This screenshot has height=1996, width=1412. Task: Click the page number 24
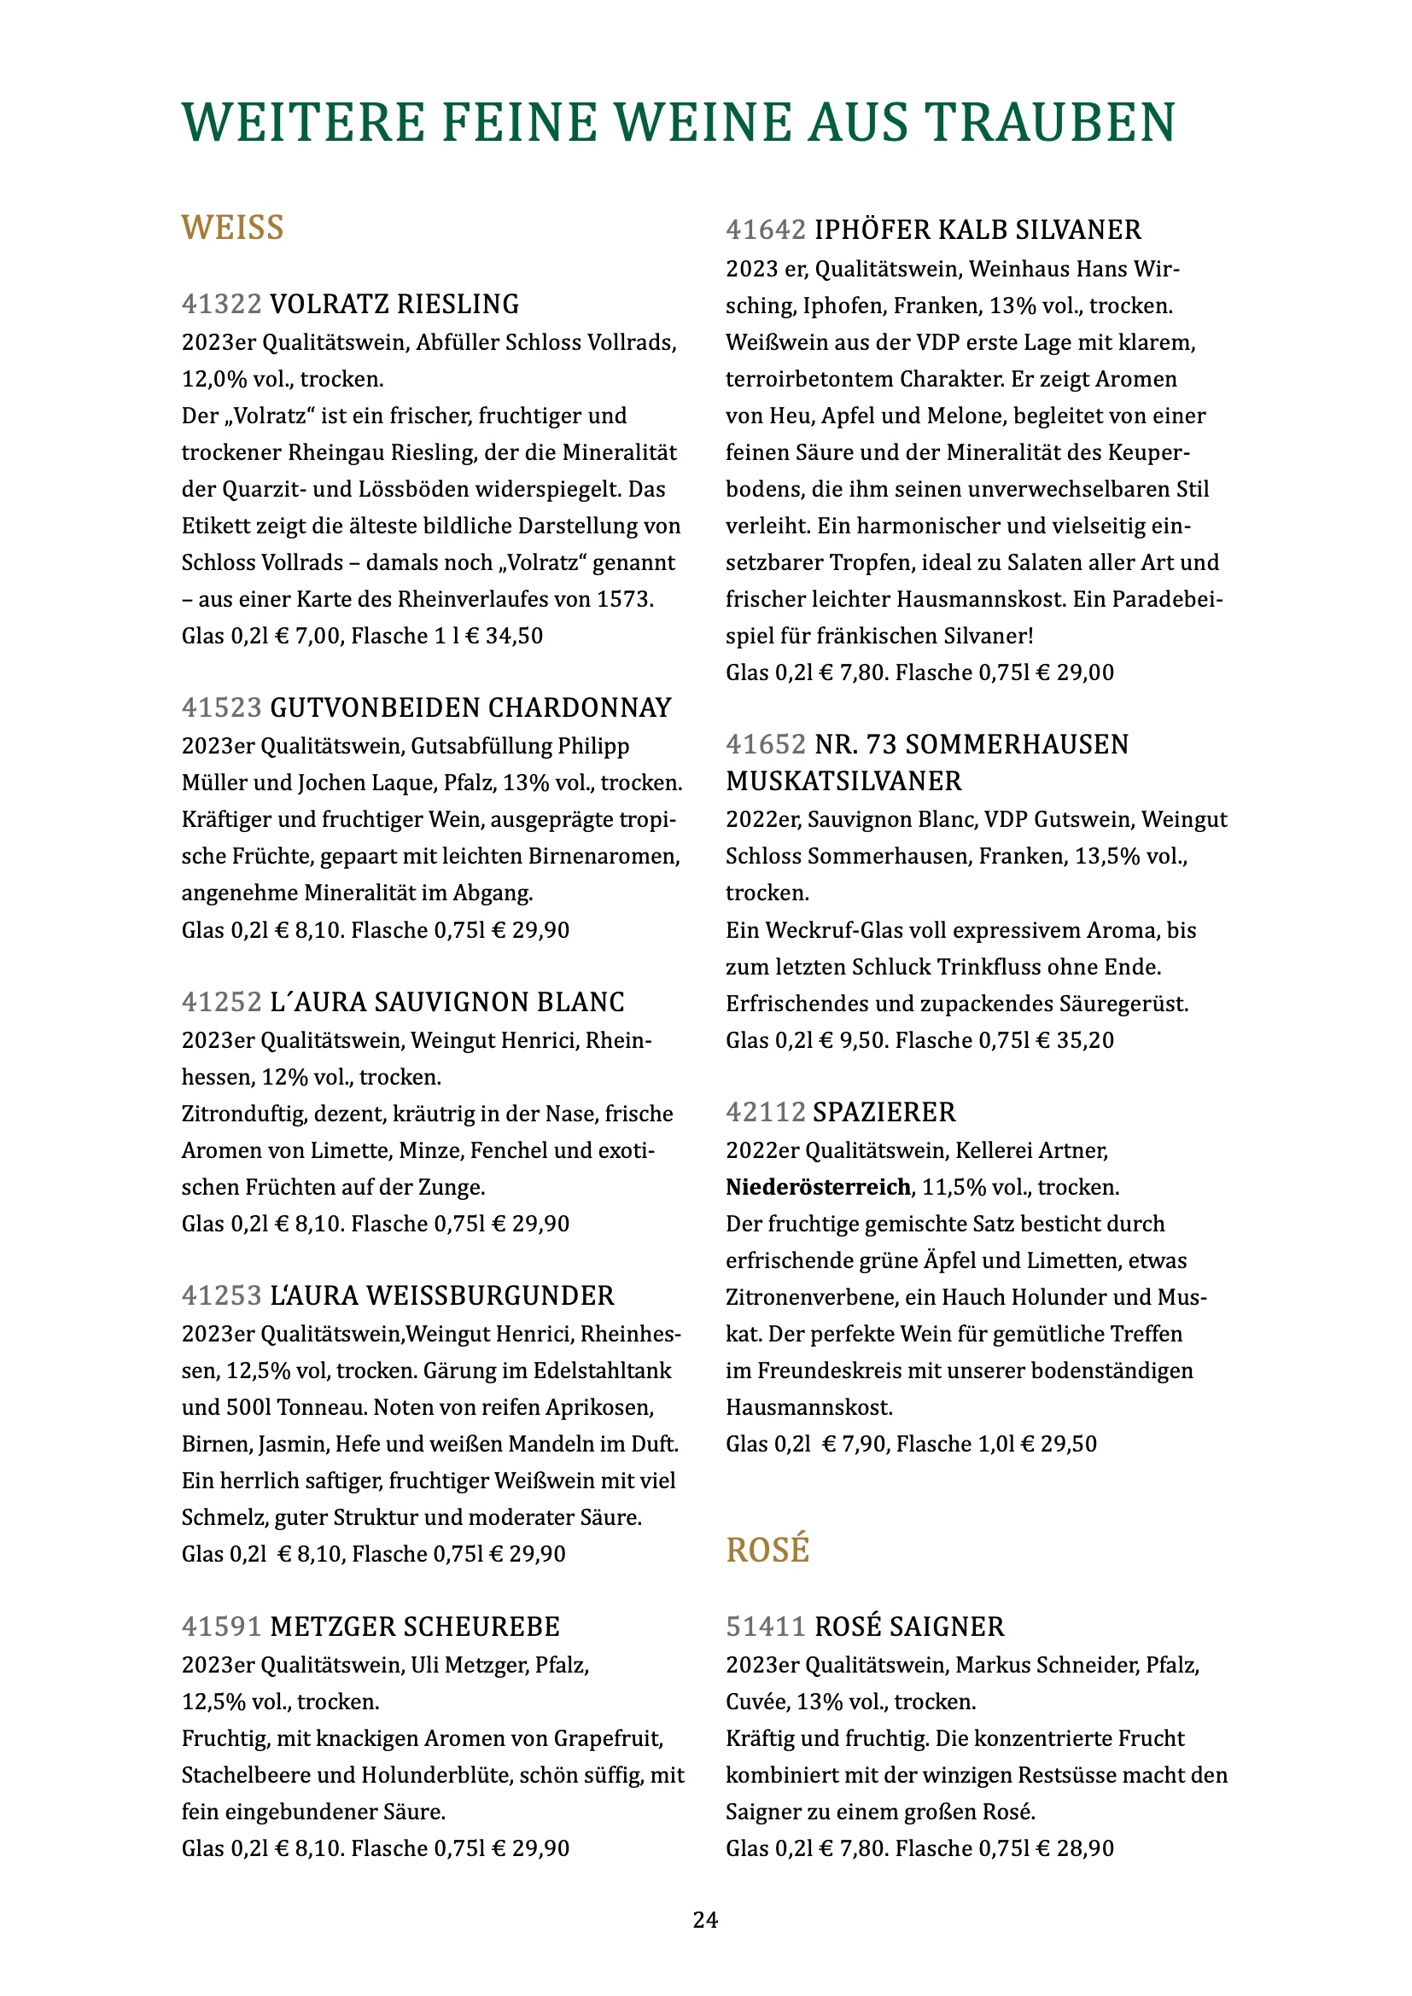(x=705, y=1920)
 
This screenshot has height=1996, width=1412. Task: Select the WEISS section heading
(x=232, y=228)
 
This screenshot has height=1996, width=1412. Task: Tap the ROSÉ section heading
(x=767, y=1550)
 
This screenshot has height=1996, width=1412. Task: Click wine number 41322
(x=221, y=305)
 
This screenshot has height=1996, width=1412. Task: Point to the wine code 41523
(x=221, y=707)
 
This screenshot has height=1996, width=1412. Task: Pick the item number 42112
(x=765, y=1112)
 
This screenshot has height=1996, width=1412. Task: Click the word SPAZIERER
(x=884, y=1112)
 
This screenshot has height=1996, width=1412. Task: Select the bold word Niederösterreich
(x=818, y=1187)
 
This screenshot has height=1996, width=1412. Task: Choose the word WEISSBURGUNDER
(x=489, y=1296)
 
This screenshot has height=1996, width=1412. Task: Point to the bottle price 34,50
(x=514, y=636)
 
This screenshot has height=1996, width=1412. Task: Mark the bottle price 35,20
(x=1085, y=1039)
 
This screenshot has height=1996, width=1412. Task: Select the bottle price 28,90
(x=1085, y=1848)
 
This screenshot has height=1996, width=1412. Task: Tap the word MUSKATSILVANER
(x=843, y=781)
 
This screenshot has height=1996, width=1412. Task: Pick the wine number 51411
(x=765, y=1626)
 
